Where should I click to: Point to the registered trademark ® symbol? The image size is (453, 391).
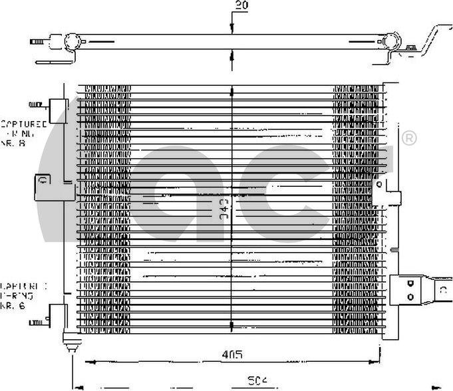(x=409, y=138)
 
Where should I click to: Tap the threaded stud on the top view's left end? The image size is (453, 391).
(x=37, y=43)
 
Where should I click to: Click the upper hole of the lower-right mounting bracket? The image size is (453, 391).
(x=410, y=282)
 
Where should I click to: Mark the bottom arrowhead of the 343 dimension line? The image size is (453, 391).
(x=231, y=326)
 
